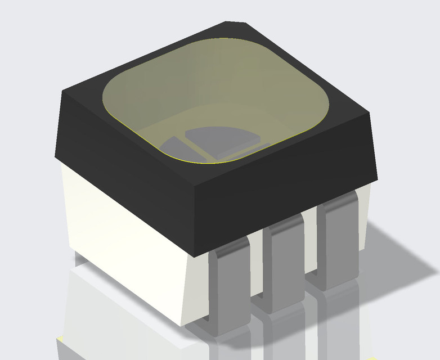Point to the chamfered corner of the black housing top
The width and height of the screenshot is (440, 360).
pyautogui.click(x=236, y=24)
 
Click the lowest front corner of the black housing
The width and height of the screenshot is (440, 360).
pyautogui.click(x=194, y=256)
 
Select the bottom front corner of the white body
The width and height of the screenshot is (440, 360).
pyautogui.click(x=182, y=325)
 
